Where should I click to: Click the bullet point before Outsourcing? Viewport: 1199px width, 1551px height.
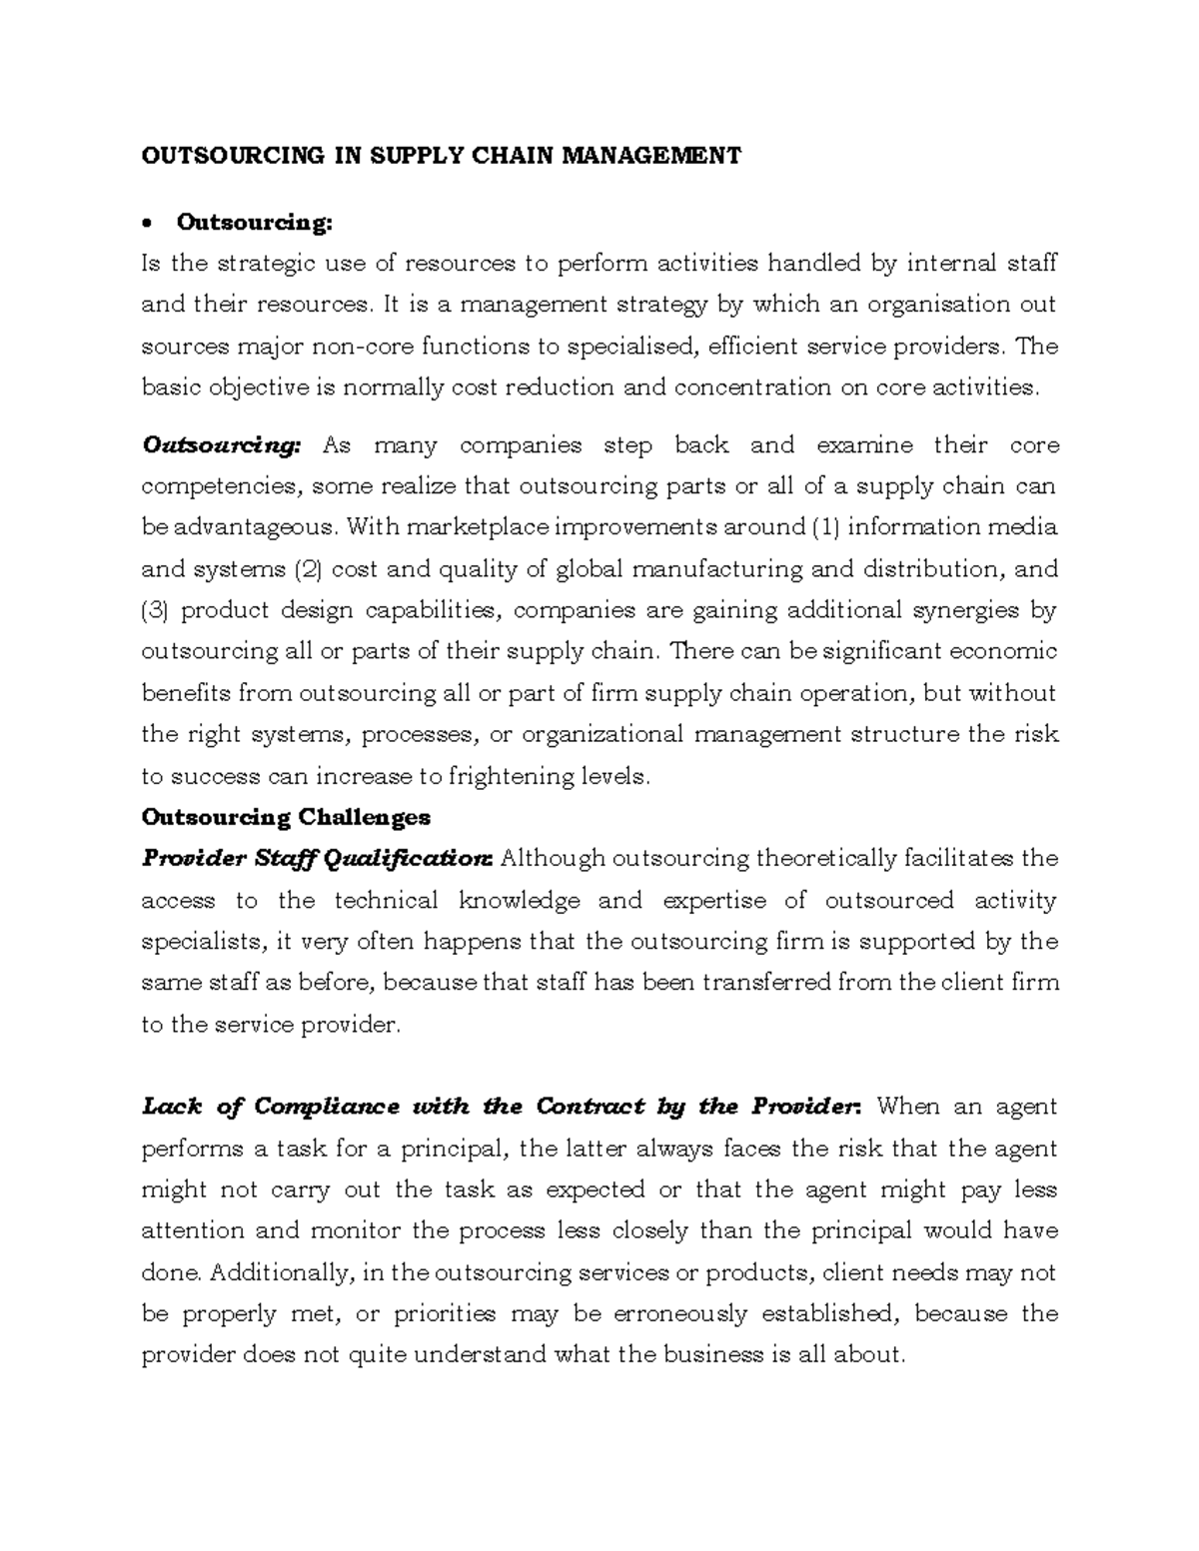coord(150,223)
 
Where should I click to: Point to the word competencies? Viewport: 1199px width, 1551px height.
coord(220,486)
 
